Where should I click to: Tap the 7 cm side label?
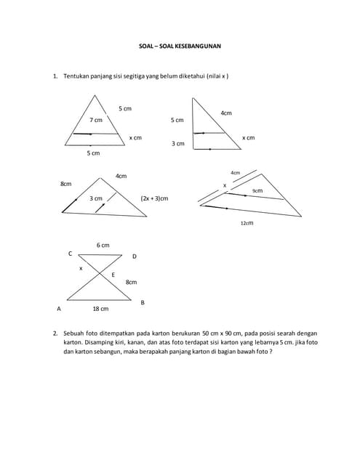point(96,119)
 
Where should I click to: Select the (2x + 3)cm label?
point(154,198)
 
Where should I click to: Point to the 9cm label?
point(257,190)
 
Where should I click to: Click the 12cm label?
point(247,223)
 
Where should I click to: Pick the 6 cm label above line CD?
point(103,246)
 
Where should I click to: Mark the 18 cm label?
point(100,309)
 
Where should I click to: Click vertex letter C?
point(70,254)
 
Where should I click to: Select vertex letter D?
point(134,256)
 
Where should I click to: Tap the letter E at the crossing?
point(113,275)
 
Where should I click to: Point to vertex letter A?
point(58,309)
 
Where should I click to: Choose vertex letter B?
point(142,302)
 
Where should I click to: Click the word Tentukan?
point(76,76)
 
